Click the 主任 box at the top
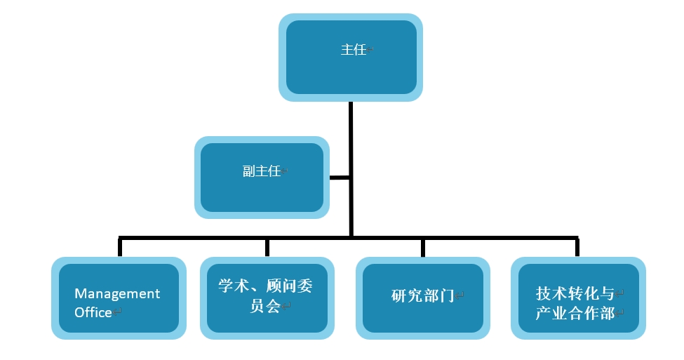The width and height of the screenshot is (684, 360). point(351,57)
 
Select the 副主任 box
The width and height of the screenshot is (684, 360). point(262,178)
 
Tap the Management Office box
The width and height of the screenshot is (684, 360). point(119,298)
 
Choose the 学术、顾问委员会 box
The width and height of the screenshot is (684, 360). point(267,298)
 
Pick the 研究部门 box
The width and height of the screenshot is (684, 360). point(423,298)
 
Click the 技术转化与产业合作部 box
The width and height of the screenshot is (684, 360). point(578,298)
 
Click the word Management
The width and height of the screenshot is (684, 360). point(117,293)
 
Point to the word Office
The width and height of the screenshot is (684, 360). point(93,312)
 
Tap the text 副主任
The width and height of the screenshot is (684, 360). point(262,171)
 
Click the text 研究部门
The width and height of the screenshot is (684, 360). point(423,296)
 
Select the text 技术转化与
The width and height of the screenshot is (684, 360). point(575,293)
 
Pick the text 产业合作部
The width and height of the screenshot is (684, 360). point(575,313)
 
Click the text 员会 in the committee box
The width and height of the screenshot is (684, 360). point(264,305)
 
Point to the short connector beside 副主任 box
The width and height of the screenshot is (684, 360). point(340,178)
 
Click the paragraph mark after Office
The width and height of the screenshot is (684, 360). point(117,312)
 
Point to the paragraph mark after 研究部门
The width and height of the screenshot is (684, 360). point(460,296)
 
